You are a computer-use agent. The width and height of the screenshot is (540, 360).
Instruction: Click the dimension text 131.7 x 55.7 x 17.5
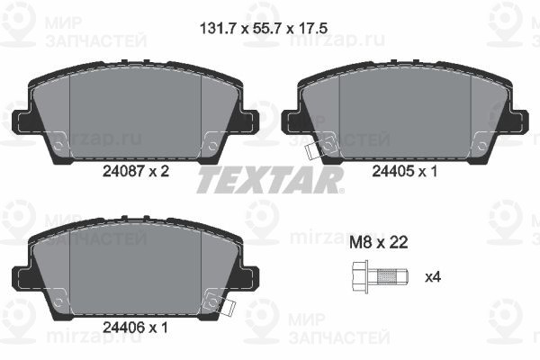pyautogui.click(x=264, y=28)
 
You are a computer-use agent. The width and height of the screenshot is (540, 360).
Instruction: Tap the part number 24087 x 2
pyautogui.click(x=136, y=171)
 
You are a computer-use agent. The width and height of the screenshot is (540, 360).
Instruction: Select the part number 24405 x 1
pyautogui.click(x=405, y=171)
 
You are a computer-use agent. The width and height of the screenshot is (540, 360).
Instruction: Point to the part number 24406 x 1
pyautogui.click(x=135, y=328)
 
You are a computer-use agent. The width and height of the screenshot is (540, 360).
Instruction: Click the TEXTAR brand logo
pyautogui.click(x=270, y=180)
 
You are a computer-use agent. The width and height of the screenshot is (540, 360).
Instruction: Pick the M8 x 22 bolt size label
pyautogui.click(x=379, y=242)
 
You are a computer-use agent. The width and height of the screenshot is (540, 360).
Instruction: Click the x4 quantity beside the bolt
pyautogui.click(x=433, y=277)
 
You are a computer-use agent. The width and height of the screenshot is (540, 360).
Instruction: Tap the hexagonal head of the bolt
pyautogui.click(x=360, y=277)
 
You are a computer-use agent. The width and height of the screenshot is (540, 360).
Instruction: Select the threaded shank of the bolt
pyautogui.click(x=389, y=277)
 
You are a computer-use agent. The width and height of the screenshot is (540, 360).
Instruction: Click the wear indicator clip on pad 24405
pyautogui.click(x=312, y=151)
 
